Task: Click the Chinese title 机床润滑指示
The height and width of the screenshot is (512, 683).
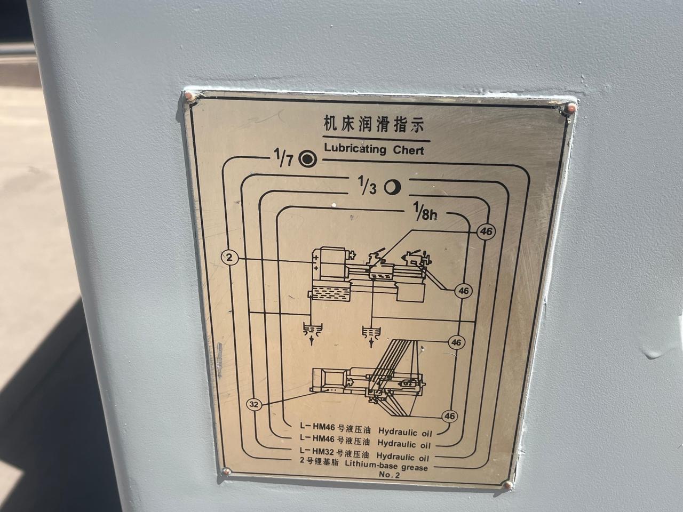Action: pos(374,125)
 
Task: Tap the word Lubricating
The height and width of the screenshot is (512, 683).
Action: pos(355,148)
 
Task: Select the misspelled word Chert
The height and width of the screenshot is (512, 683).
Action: pos(408,150)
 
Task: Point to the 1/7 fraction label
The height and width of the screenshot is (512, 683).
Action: pos(283,157)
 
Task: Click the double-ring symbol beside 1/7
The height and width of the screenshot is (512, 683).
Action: pos(308,159)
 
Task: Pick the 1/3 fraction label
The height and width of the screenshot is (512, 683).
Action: pos(367,185)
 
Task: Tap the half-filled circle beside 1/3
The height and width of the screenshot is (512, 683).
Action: pos(392,187)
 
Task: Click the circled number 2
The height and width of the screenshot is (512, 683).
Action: pos(229,258)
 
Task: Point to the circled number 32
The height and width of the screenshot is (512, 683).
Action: pos(254,404)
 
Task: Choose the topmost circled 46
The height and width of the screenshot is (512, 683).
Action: pos(486,231)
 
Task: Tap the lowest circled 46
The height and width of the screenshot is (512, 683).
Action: pos(450,416)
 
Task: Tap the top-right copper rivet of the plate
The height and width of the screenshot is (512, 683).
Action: pos(571,107)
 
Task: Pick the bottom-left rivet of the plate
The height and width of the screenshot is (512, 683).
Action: pos(227,471)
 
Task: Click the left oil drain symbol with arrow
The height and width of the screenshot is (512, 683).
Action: pos(312,333)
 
